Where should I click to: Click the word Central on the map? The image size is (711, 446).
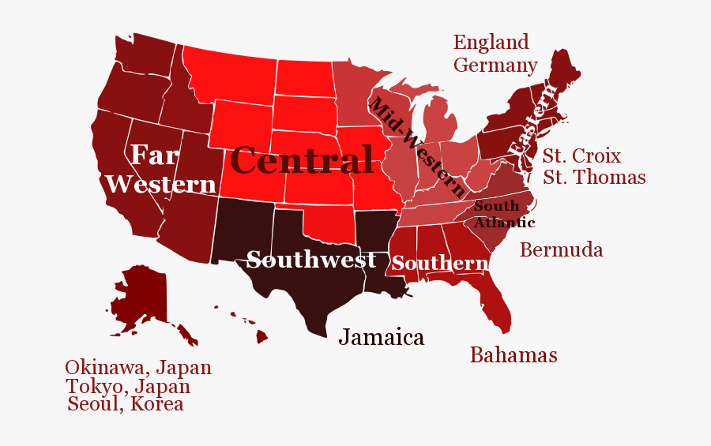302,161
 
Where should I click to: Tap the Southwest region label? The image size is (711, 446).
311,260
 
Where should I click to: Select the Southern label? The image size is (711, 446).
439,263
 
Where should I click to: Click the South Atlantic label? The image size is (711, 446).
502,214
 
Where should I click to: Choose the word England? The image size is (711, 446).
491,42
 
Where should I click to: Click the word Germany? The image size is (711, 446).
495,66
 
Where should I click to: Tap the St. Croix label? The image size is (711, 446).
581,156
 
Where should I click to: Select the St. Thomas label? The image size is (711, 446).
594,178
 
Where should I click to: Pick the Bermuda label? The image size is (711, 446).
561,250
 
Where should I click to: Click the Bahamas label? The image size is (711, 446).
513,355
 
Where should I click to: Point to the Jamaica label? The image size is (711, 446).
382,337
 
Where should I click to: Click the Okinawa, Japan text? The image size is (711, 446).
138,367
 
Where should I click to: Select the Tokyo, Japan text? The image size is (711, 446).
128,387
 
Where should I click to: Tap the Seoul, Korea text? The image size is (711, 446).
126,405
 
